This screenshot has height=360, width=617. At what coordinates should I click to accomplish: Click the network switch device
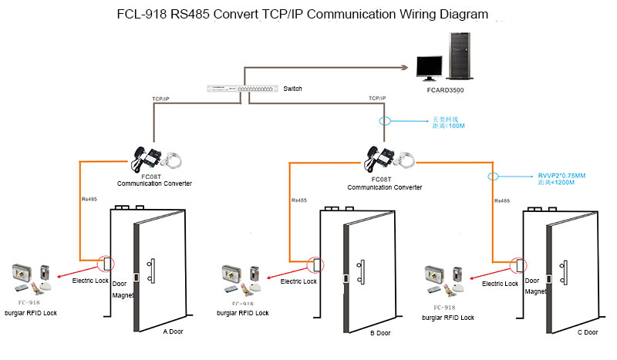pos(241,89)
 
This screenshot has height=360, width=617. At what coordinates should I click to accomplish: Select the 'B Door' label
pos(380,333)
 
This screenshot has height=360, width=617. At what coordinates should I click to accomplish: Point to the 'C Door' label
pos(588,332)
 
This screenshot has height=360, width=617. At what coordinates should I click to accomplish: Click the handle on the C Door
pos(568,270)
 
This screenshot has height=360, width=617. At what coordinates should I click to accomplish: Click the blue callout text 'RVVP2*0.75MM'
pos(561,177)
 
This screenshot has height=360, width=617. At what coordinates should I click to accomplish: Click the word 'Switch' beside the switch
pos(292,89)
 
